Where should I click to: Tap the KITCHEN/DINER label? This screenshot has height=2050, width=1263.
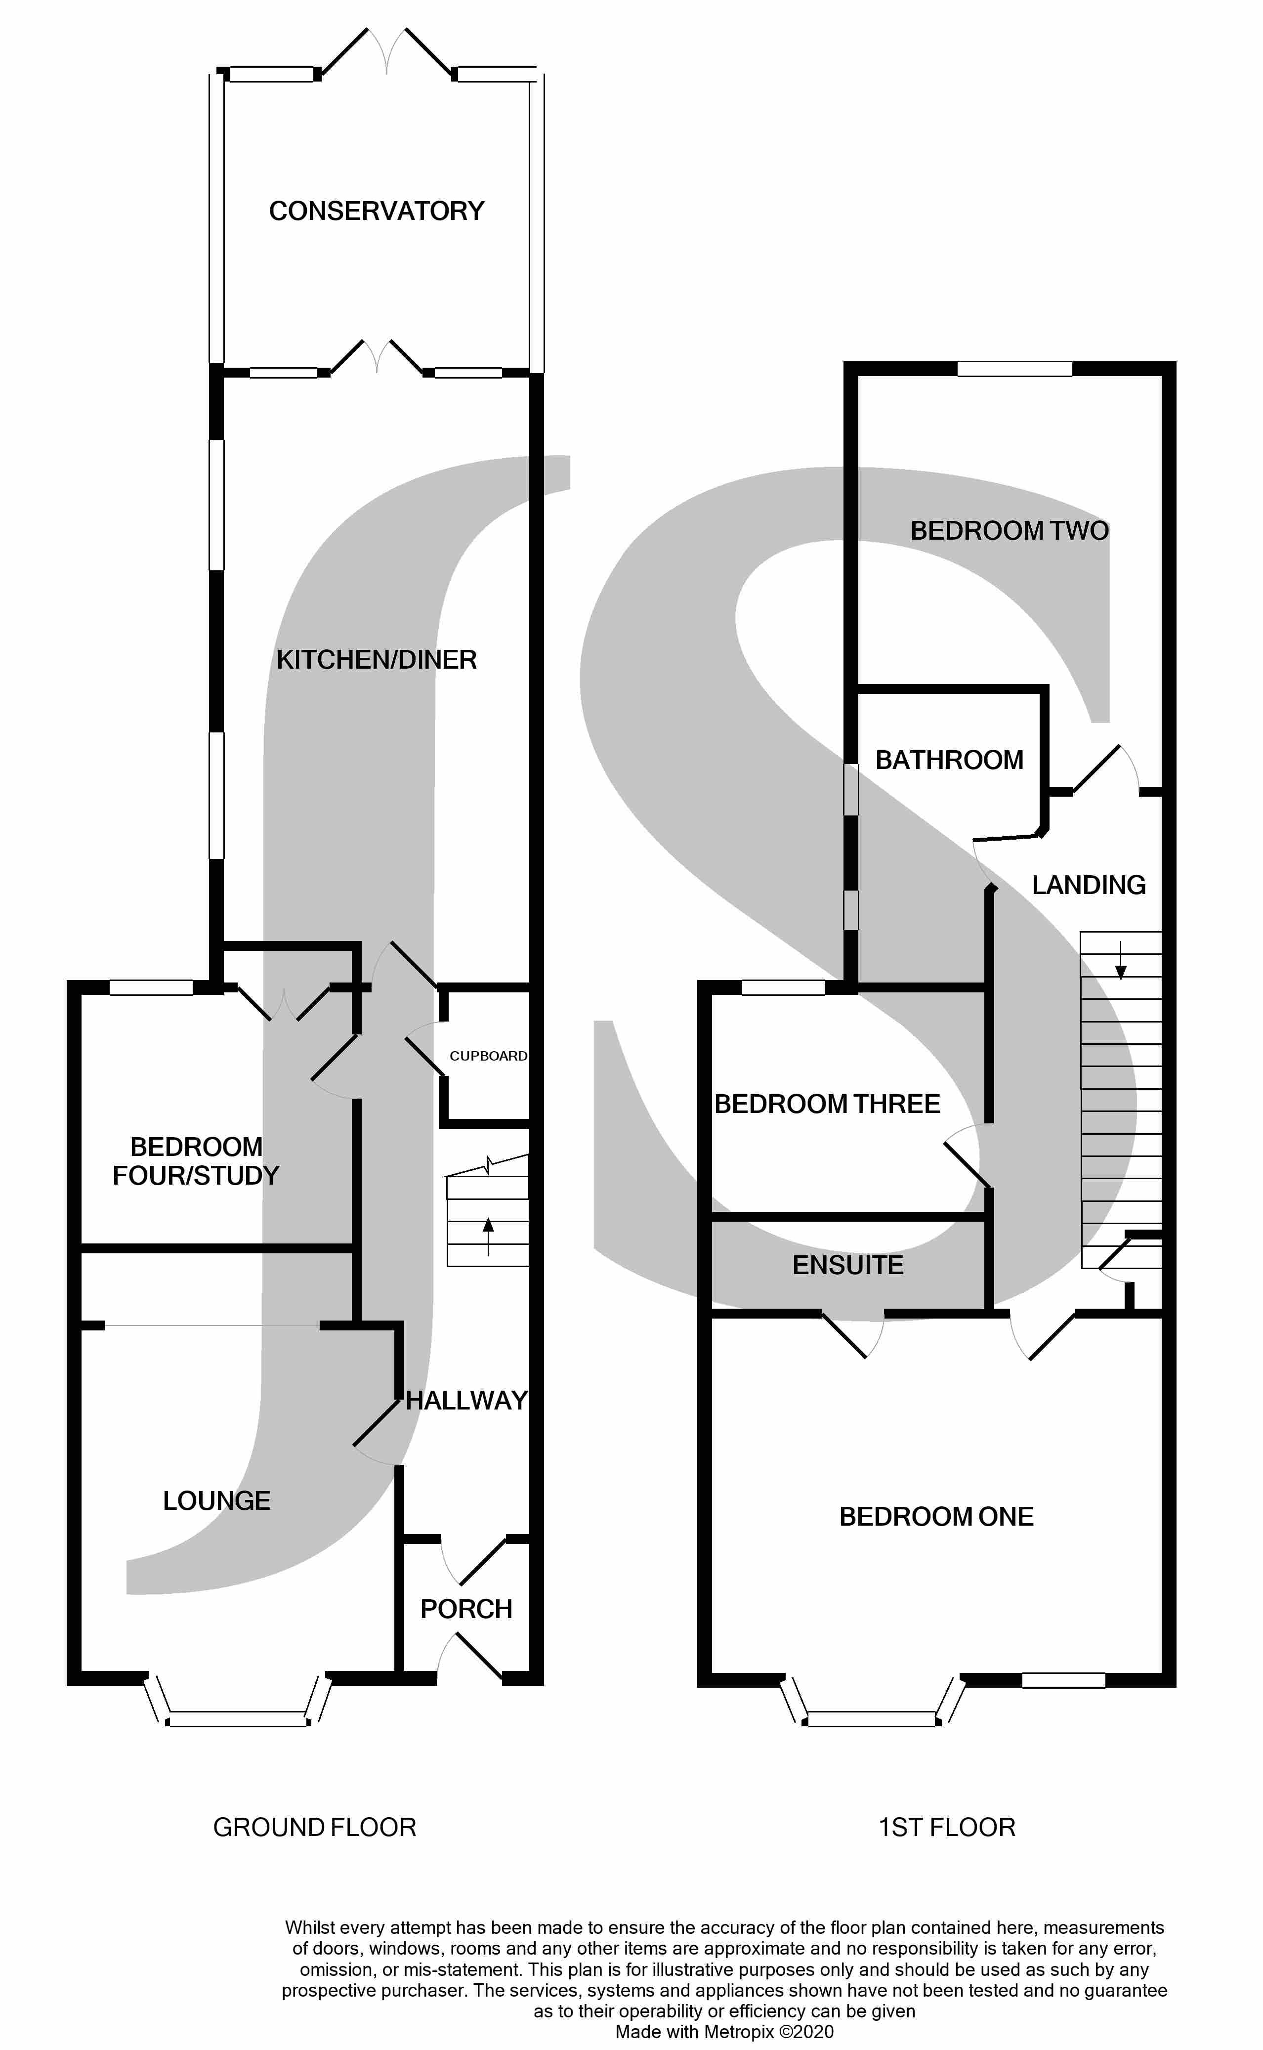point(376,660)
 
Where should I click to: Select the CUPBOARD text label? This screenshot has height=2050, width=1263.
point(488,1056)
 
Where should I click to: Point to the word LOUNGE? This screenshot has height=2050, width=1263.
point(216,1501)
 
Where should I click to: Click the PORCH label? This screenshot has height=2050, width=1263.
point(466,1609)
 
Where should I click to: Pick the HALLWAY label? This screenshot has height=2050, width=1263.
point(466,1401)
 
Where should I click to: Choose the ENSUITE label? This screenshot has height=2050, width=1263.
point(848,1266)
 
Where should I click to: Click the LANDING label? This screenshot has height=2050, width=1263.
point(1089,886)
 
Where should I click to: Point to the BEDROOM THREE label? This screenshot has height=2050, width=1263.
point(827,1105)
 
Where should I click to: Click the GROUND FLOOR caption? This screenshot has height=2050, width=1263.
point(314,1828)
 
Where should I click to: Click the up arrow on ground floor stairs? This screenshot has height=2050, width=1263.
point(488,1237)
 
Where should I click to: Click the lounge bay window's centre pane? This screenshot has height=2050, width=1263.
point(238,1719)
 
